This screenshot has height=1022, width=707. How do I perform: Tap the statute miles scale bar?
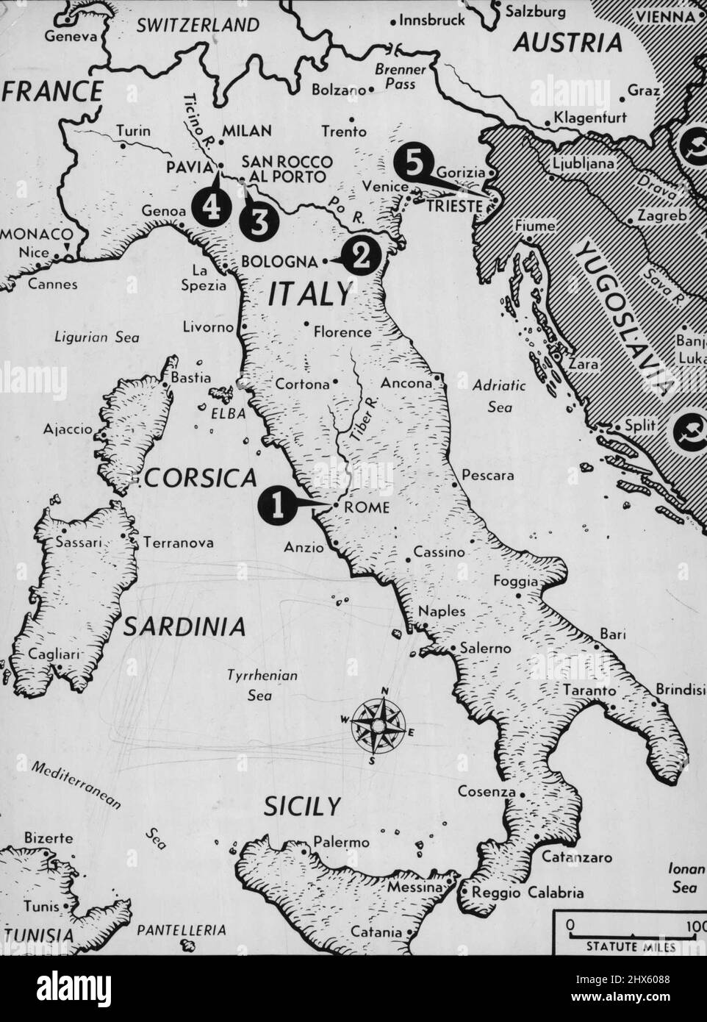pos(626,932)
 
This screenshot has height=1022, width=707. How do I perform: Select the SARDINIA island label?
pos(184,626)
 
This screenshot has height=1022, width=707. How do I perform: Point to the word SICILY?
pos(302,807)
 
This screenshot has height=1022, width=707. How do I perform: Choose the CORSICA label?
pos(201,479)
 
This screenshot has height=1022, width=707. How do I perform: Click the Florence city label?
pos(342,332)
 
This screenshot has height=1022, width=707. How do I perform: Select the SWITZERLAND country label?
pos(198,25)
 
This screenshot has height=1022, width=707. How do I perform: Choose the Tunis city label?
pos(42,906)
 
